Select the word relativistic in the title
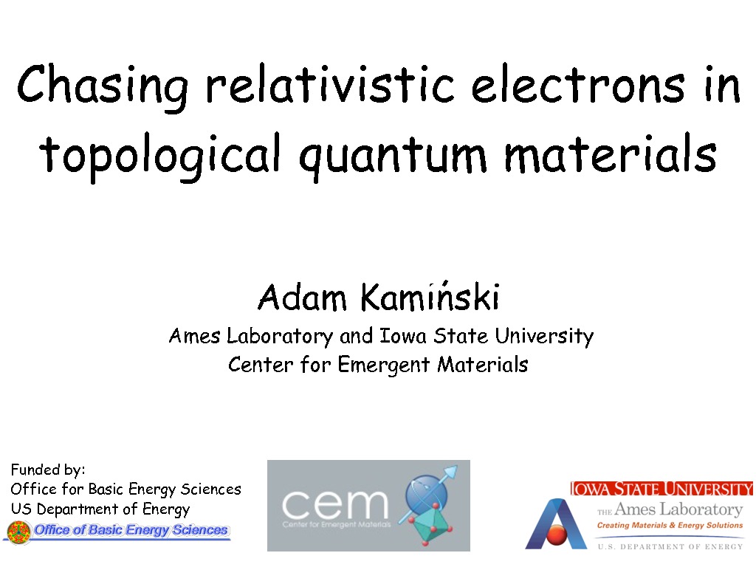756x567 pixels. [x=330, y=83]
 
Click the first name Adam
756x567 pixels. [x=302, y=297]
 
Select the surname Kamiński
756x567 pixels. [x=430, y=295]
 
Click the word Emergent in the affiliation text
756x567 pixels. [x=383, y=365]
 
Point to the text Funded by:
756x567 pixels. [x=48, y=470]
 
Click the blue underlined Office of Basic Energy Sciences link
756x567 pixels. [x=131, y=530]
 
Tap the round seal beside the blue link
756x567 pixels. [x=18, y=532]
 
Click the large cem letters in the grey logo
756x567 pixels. [x=334, y=504]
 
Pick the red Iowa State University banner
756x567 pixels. [x=661, y=489]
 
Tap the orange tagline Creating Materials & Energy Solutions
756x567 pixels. [x=670, y=525]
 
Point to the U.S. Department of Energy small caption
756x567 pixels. [x=670, y=546]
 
